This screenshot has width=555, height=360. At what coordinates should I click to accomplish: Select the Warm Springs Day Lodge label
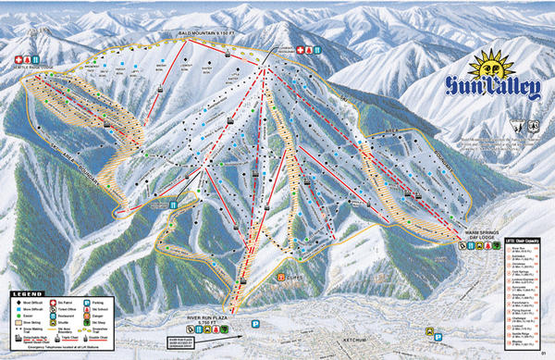[x=483, y=234]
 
